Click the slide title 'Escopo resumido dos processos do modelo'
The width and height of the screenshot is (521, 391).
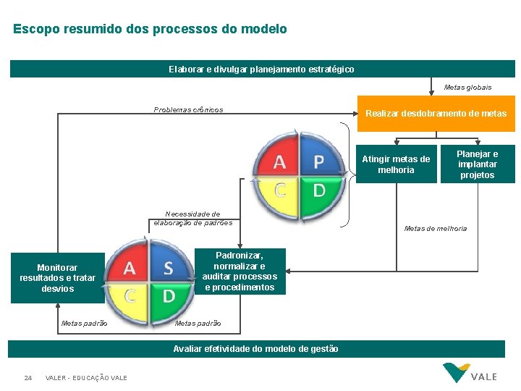point(150,30)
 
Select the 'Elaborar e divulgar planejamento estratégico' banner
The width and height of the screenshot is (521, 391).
point(261,69)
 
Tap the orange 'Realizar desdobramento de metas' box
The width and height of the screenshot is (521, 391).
point(436,114)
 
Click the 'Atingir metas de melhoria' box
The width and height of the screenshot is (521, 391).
point(396,164)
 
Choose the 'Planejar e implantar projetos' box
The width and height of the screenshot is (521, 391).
point(478,164)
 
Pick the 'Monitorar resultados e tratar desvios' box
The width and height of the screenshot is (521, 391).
point(57,278)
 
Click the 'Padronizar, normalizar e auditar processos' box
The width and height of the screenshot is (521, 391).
point(240,272)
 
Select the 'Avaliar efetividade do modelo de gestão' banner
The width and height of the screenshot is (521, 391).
point(255,349)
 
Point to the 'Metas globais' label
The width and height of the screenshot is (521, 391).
point(467,88)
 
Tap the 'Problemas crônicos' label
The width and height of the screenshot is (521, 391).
point(188,110)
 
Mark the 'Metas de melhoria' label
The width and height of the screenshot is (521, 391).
point(436,229)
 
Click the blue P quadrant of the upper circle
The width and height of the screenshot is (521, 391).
point(318,159)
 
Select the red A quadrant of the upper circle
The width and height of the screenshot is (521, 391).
point(279,159)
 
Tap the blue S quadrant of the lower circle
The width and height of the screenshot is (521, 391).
point(168,267)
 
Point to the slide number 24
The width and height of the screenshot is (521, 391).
point(27,378)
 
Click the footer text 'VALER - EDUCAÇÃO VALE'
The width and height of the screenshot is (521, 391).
point(86,378)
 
